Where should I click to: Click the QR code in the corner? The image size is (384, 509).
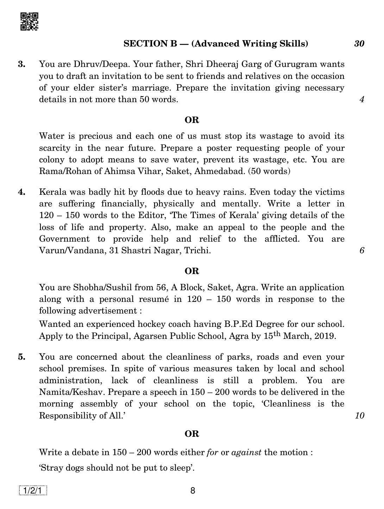(29, 21)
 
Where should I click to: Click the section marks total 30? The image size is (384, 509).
(359, 44)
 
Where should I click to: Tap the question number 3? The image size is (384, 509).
(22, 64)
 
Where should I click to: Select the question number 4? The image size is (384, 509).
(22, 192)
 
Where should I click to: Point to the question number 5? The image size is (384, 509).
(22, 357)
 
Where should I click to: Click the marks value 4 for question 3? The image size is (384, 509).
(361, 99)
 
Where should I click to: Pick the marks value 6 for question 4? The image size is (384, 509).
(361, 250)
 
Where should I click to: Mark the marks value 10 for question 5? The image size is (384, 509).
(359, 416)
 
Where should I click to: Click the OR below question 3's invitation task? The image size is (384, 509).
(192, 120)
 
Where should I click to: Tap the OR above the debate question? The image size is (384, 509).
(192, 434)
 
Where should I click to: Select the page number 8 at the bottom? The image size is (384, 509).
(193, 491)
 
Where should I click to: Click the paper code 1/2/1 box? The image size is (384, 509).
(33, 491)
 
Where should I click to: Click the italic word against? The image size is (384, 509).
(246, 452)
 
